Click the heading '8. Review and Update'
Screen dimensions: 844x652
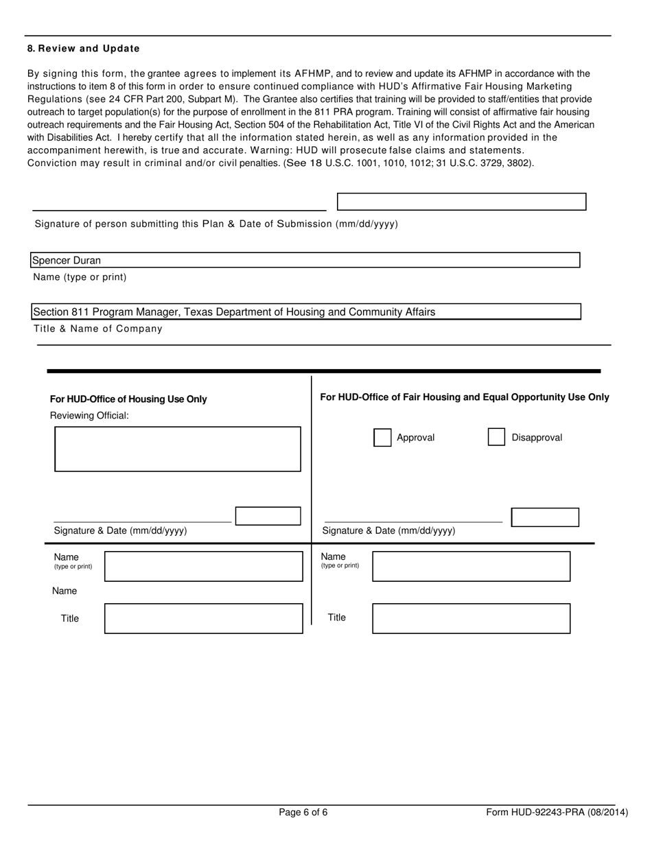(83, 49)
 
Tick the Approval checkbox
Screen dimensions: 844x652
(382, 437)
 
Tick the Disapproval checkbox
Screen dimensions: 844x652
(496, 437)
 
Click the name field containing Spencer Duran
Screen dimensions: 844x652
(305, 260)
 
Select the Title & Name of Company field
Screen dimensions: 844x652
(306, 312)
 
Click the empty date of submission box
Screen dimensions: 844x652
(461, 202)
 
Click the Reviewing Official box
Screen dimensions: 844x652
(178, 449)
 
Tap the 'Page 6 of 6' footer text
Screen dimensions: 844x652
(303, 812)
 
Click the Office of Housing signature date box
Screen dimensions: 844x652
(268, 516)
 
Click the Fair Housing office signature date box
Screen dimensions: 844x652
(545, 517)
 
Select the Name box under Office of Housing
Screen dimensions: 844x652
(203, 566)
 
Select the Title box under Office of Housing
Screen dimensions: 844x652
(203, 618)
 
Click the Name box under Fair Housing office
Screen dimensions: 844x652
(471, 566)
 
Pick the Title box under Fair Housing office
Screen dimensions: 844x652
(471, 618)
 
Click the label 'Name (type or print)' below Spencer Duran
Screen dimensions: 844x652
(80, 277)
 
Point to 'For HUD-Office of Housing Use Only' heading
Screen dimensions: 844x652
(128, 399)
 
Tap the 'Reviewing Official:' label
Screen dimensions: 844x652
(89, 415)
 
